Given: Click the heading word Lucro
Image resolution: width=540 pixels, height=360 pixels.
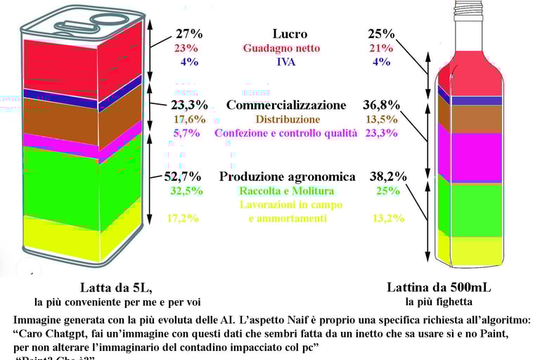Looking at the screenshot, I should tap(290, 34).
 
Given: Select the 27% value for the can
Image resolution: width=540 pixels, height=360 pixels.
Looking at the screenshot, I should tap(189, 34).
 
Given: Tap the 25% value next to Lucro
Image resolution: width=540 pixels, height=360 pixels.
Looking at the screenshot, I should tap(381, 34).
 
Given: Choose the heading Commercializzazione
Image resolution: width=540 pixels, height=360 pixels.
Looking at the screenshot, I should tap(286, 105).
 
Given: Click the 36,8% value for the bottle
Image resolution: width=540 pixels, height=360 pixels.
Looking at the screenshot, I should tap(381, 105).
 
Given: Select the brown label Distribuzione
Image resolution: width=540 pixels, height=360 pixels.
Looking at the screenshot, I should tap(288, 120).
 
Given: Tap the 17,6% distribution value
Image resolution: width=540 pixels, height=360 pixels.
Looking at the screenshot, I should tap(189, 120).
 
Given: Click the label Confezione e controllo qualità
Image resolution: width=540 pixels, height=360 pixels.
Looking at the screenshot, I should tap(285, 133).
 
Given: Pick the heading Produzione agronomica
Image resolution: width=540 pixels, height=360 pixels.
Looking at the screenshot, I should tap(287, 176).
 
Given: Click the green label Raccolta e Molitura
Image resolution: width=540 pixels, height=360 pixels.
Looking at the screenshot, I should tap(287, 191).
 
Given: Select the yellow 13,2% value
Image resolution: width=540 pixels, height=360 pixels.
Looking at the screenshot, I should tap(388, 219).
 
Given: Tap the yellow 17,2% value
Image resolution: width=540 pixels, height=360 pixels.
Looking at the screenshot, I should tap(182, 219).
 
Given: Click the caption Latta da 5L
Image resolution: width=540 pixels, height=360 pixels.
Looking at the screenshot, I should tap(116, 288).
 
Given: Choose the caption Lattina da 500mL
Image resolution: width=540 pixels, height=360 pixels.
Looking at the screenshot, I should tap(439, 288).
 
